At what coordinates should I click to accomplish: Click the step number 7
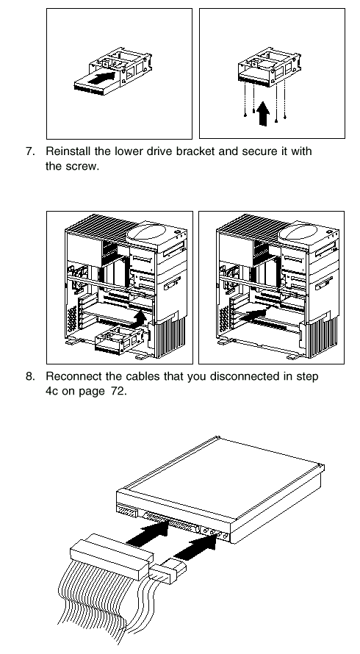point(30,151)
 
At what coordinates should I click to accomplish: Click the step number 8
point(30,377)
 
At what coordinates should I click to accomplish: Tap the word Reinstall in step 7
point(68,151)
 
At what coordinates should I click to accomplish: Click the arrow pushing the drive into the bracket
point(101,78)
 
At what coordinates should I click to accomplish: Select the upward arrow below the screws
point(263,113)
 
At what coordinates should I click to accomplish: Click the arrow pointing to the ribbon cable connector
point(147,533)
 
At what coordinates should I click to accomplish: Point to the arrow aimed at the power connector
point(195,546)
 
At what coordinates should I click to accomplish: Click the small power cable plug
point(168,570)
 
